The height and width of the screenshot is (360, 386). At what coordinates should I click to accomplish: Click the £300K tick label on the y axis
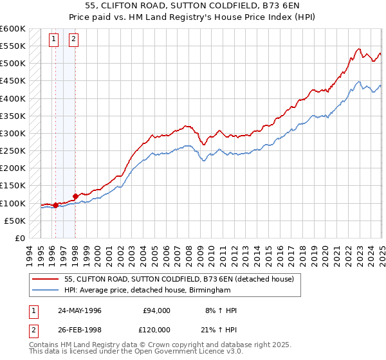tap(12, 134)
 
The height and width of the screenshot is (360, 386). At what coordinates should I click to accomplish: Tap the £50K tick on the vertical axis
tap(15, 221)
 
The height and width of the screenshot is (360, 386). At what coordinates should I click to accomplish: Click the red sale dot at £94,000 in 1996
tap(55, 206)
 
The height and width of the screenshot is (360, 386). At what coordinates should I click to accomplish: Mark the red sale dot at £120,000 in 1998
tap(75, 197)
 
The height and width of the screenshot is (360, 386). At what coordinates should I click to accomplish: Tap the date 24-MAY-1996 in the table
tap(79, 310)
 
